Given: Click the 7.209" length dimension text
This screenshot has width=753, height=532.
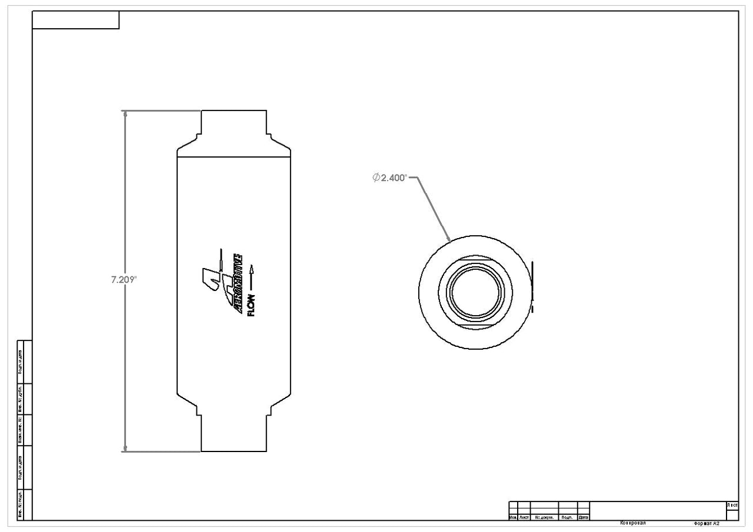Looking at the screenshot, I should pyautogui.click(x=124, y=280).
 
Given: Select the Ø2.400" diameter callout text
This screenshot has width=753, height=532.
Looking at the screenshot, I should pyautogui.click(x=389, y=178).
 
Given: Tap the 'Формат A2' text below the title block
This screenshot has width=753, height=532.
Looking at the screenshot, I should pyautogui.click(x=707, y=523).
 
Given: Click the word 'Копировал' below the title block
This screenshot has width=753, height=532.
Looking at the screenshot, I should pyautogui.click(x=633, y=522).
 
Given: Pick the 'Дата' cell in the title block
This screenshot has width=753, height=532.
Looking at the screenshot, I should pyautogui.click(x=584, y=517).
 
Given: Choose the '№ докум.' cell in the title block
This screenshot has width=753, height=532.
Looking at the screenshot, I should pyautogui.click(x=544, y=517).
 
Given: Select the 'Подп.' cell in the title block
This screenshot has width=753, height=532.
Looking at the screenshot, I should pyautogui.click(x=568, y=517).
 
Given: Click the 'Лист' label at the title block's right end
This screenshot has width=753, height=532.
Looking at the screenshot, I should pyautogui.click(x=732, y=505).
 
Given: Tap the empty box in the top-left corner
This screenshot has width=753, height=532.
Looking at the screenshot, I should pyautogui.click(x=75, y=20).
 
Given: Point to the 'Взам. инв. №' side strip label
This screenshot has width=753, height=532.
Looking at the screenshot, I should pyautogui.click(x=20, y=430).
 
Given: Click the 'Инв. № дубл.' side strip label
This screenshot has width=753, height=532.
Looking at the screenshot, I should pyautogui.click(x=20, y=399).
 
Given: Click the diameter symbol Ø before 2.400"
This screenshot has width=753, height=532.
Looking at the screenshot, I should pyautogui.click(x=376, y=178).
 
